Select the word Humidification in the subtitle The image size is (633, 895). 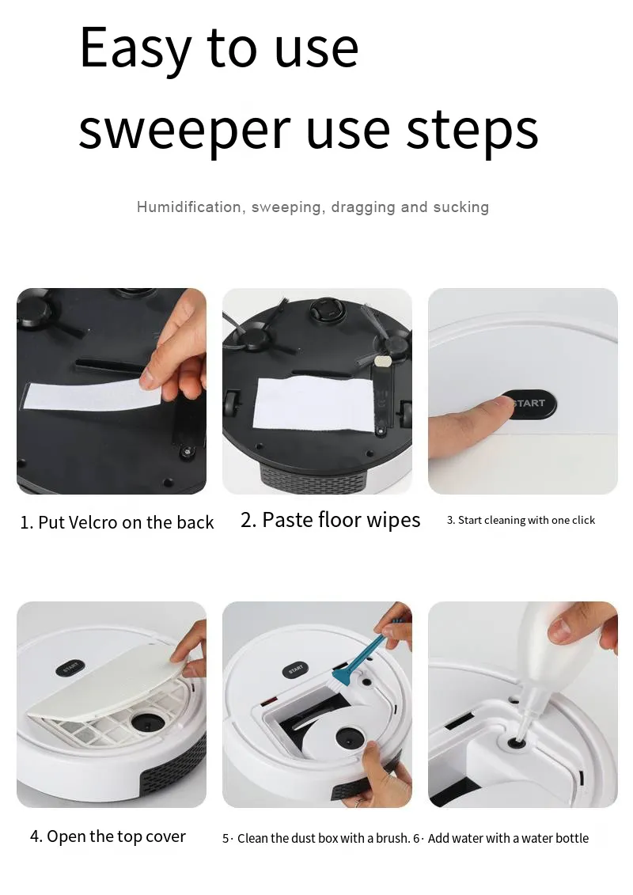(x=188, y=207)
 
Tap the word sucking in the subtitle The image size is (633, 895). (x=461, y=207)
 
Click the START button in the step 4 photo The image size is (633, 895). (x=70, y=669)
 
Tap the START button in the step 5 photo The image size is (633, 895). (x=295, y=669)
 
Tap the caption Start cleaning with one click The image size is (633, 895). (x=521, y=521)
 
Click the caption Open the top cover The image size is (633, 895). (x=108, y=837)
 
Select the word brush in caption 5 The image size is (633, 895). (x=392, y=838)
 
